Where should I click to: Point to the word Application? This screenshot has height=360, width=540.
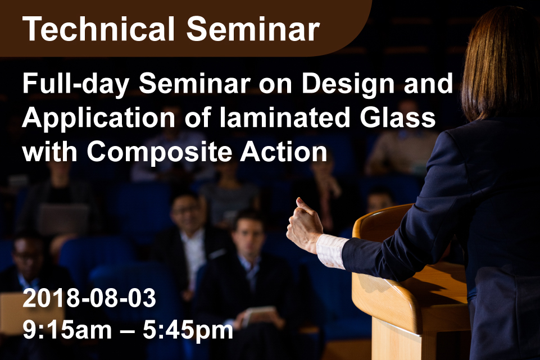(x=99, y=119)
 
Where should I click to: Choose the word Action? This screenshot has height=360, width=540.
(x=283, y=152)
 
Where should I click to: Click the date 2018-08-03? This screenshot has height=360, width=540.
(x=89, y=298)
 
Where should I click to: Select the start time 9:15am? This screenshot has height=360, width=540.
(x=67, y=330)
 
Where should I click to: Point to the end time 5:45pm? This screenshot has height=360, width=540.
(x=188, y=330)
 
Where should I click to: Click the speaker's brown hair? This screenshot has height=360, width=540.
(x=500, y=62)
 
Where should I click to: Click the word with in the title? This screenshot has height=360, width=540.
(x=50, y=152)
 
